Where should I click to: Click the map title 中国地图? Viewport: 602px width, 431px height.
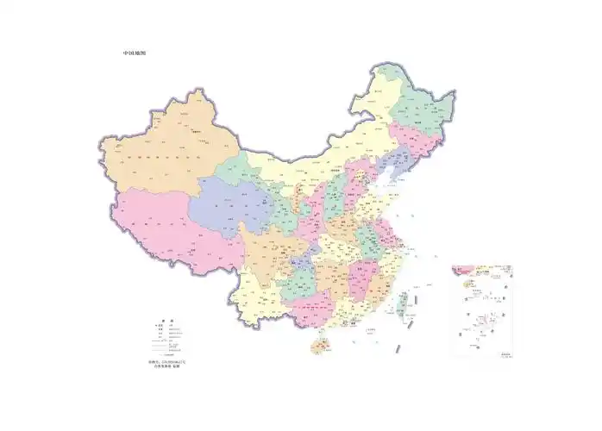click(x=135, y=53)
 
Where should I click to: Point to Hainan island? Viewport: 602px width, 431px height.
click(x=319, y=347)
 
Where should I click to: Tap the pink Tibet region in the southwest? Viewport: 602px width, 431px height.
click(x=164, y=228)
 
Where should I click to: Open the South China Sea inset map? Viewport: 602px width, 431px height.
click(x=482, y=310)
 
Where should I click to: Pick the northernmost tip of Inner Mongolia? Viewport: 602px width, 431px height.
click(x=379, y=67)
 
